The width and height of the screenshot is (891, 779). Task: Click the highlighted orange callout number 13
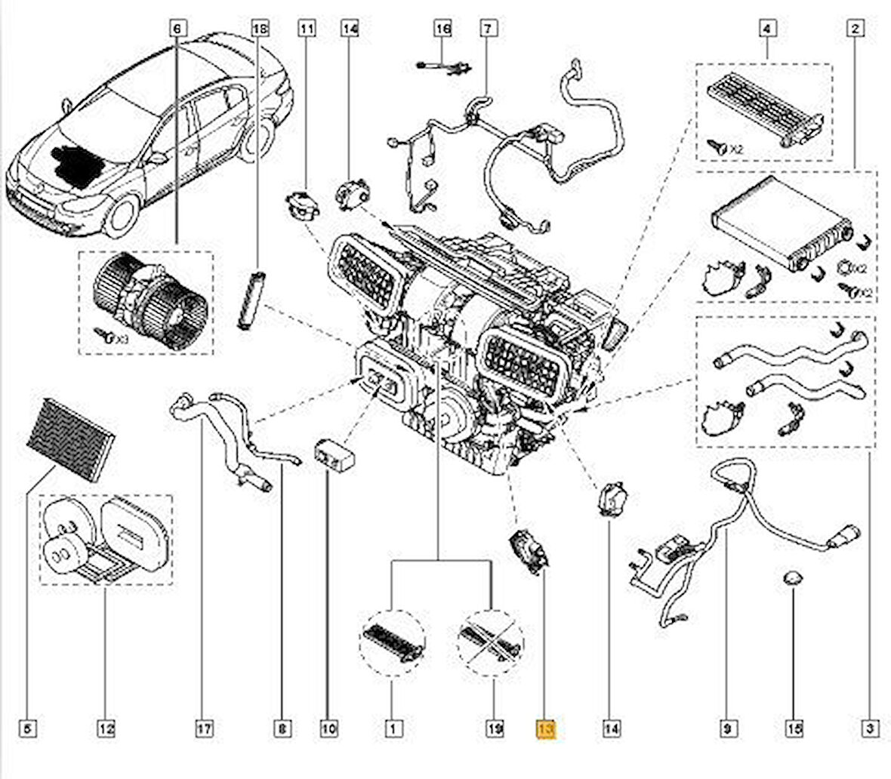click(545, 729)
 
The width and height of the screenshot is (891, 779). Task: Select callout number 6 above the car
click(176, 29)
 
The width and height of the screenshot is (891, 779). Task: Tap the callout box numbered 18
click(259, 29)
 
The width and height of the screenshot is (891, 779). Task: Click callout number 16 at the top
click(442, 29)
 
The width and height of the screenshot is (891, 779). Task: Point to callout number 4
click(767, 29)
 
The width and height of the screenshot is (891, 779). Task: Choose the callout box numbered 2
click(855, 29)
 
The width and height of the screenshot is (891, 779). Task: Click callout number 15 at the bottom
click(794, 729)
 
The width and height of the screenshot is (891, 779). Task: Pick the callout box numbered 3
click(870, 729)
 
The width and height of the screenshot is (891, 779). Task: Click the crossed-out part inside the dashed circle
click(491, 644)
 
